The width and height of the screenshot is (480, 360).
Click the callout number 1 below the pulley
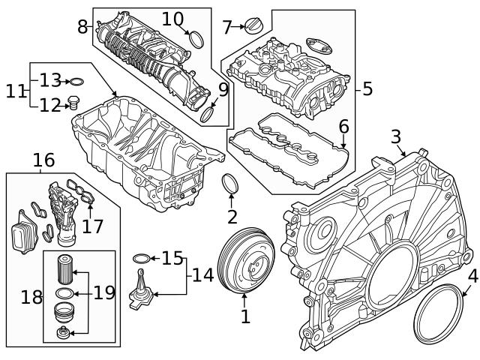[x=244, y=316]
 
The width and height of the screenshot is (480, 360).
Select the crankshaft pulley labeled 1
[x=247, y=265]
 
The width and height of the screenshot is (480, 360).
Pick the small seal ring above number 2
[x=232, y=184]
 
